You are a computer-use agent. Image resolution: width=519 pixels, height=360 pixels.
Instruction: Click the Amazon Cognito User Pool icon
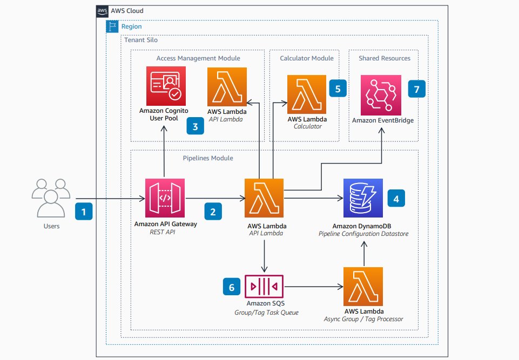166,86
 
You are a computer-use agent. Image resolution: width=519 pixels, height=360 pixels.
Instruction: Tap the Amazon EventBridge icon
381,94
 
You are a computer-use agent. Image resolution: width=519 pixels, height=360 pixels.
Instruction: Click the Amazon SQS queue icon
265,286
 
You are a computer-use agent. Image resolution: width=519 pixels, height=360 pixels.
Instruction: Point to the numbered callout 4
396,199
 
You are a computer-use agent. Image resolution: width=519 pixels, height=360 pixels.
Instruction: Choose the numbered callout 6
232,288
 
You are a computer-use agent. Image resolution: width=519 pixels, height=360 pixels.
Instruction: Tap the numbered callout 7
416,89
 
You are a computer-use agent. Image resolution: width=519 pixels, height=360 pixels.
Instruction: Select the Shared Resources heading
385,58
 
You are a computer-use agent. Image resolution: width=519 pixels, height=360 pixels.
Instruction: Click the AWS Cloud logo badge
102,11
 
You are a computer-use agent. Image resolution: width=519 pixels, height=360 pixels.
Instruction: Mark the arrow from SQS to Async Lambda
313,287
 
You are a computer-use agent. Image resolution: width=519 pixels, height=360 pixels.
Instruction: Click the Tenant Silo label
141,40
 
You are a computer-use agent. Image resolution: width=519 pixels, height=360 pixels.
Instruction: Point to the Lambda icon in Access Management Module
227,86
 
